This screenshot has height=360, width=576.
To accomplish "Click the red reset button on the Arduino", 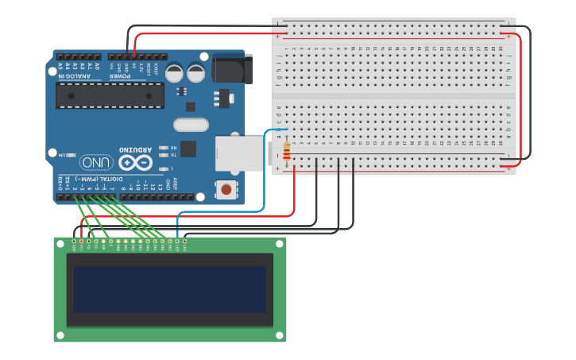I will coord(226,189).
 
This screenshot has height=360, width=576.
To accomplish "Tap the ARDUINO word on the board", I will coord(134,149).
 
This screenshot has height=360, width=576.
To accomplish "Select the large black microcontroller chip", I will coord(110,95).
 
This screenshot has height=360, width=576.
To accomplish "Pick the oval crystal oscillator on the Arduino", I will coord(191,125).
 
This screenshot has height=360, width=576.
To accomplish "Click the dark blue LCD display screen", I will coord(170,289).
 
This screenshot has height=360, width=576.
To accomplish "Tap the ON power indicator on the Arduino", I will coord(70,155).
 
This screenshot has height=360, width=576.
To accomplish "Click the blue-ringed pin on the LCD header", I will coord(177,240).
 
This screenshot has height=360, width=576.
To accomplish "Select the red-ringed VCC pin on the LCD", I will coord(82,240).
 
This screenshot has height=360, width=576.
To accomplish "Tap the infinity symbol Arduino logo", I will coord(134,162).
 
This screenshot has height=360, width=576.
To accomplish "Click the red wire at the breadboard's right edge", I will coord(521,95).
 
